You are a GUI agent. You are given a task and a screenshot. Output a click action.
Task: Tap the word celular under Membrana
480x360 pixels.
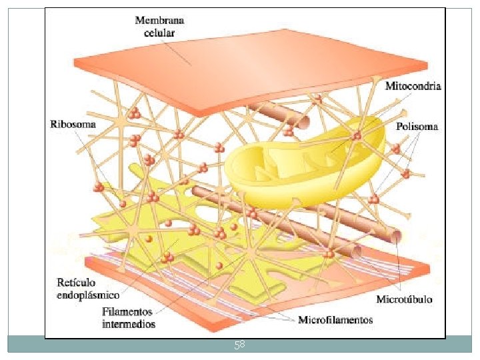(x=160, y=31)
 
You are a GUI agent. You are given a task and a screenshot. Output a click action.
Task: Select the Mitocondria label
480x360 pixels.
(x=413, y=86)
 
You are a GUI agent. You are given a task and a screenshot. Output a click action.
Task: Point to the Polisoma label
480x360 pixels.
(x=417, y=127)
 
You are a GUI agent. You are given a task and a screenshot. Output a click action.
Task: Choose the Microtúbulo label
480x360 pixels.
(x=404, y=299)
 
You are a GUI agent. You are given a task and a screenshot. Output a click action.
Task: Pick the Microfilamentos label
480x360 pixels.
(x=335, y=320)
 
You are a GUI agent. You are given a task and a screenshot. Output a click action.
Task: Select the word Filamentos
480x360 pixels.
(x=127, y=312)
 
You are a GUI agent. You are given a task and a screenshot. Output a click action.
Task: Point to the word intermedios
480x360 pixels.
(x=129, y=324)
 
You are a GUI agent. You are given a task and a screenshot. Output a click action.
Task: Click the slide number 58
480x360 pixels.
(x=239, y=345)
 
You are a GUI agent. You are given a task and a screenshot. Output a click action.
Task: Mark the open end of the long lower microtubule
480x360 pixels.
(x=398, y=237)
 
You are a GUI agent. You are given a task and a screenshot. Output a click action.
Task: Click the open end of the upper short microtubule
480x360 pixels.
(x=303, y=121)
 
